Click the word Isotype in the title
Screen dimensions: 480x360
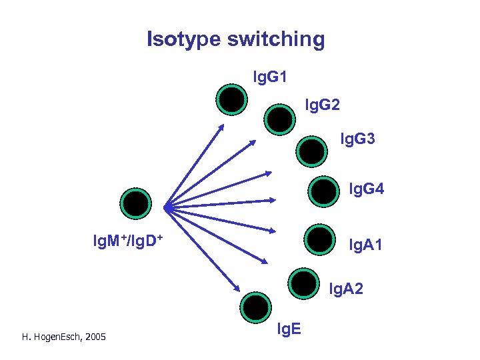point(183,39)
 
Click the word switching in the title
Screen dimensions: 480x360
point(275,39)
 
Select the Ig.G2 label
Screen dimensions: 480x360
point(323,105)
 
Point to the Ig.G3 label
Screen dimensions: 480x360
point(357,139)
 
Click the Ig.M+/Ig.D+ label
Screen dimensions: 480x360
point(128,238)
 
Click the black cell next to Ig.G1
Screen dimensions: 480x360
point(231,99)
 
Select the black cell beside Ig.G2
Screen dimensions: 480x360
point(279,119)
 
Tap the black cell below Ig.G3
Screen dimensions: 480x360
point(311,151)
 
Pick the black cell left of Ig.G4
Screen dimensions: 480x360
point(324,192)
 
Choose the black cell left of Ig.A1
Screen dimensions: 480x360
point(319,240)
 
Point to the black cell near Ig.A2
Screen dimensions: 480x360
point(304,285)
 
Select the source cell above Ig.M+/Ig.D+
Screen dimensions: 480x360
point(136,204)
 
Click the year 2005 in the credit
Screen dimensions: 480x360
point(95,338)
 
